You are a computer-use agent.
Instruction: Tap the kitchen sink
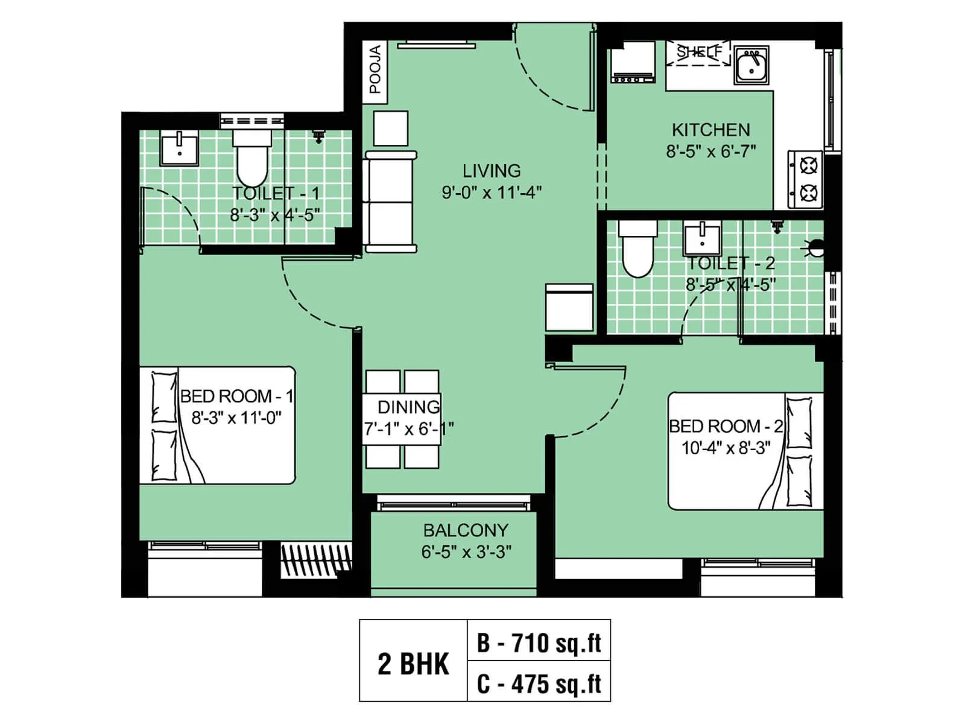751,65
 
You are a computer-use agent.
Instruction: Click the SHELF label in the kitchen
698,52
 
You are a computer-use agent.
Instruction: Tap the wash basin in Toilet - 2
702,239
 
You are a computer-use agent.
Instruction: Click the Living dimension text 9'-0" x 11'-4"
492,192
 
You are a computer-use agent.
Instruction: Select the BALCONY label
466,530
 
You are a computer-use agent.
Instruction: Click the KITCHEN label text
711,130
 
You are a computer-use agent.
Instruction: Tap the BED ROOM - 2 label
726,426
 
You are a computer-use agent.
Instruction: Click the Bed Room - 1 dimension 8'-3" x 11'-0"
236,418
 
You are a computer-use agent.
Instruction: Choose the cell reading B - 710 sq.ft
539,643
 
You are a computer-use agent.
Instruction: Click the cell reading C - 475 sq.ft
539,684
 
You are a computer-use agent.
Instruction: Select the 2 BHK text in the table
413,664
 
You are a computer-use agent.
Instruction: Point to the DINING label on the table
409,407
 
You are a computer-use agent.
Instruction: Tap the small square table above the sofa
391,128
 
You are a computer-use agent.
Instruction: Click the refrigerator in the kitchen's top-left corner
632,63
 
